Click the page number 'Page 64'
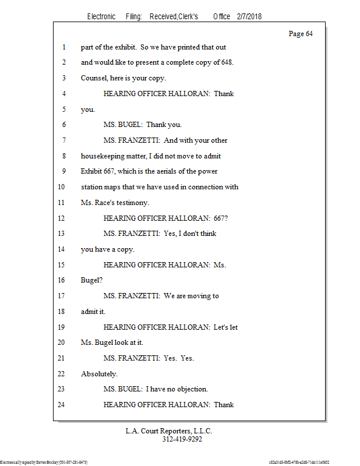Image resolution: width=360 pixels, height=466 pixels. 301,34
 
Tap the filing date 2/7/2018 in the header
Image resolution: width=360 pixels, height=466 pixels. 249,16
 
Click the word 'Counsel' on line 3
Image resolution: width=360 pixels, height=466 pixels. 94,78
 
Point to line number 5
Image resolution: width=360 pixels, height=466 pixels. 62,109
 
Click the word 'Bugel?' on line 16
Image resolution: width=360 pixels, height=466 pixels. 92,280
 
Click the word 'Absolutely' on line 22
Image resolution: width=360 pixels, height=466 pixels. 99,373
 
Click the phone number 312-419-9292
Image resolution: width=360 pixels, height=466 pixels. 182,439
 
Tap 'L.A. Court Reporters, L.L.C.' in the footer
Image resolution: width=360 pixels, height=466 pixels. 169,431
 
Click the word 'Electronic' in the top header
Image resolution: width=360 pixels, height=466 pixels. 101,16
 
